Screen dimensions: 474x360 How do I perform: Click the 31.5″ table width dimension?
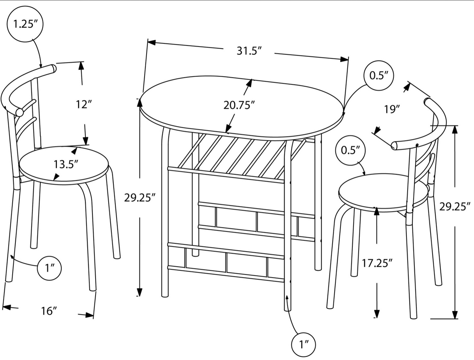pyautogui.click(x=249, y=51)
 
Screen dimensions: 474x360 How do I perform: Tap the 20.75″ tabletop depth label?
pyautogui.click(x=239, y=105)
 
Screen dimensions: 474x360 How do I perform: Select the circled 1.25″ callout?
pyautogui.click(x=25, y=24)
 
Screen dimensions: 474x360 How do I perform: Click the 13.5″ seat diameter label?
pyautogui.click(x=66, y=165)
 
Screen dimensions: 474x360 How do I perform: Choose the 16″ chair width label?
pyautogui.click(x=49, y=311)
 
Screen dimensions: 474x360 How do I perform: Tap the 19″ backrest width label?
pyautogui.click(x=392, y=109)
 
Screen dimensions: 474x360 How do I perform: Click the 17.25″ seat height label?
pyautogui.click(x=377, y=263)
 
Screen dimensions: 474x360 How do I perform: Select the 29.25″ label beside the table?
pyautogui.click(x=140, y=198)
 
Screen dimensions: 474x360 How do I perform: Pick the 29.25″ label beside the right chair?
pyautogui.click(x=455, y=207)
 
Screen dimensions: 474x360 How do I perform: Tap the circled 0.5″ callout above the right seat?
pyautogui.click(x=350, y=150)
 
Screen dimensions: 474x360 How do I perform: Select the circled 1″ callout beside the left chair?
pyautogui.click(x=49, y=268)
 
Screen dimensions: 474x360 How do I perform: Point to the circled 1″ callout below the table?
pyautogui.click(x=303, y=345)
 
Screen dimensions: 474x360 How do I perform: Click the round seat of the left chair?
pyautogui.click(x=64, y=166)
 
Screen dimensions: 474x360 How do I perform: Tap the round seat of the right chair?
pyautogui.click(x=383, y=193)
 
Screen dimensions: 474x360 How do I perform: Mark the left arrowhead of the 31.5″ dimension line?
pyautogui.click(x=151, y=42)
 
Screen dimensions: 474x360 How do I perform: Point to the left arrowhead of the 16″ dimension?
pyautogui.click(x=6, y=307)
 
